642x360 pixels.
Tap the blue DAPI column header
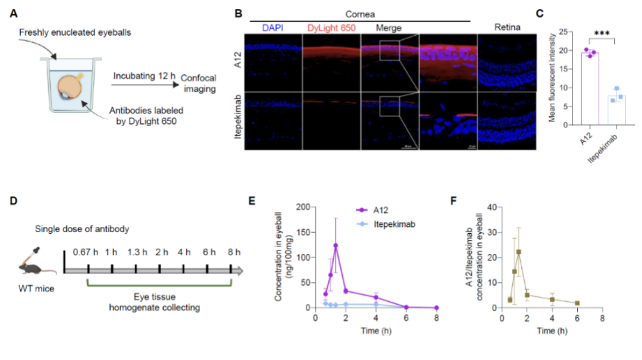point(273,28)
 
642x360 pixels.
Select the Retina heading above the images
point(508,28)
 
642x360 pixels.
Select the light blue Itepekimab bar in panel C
point(616,109)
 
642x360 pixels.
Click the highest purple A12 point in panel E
point(336,245)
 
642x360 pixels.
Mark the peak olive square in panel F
point(519,252)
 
